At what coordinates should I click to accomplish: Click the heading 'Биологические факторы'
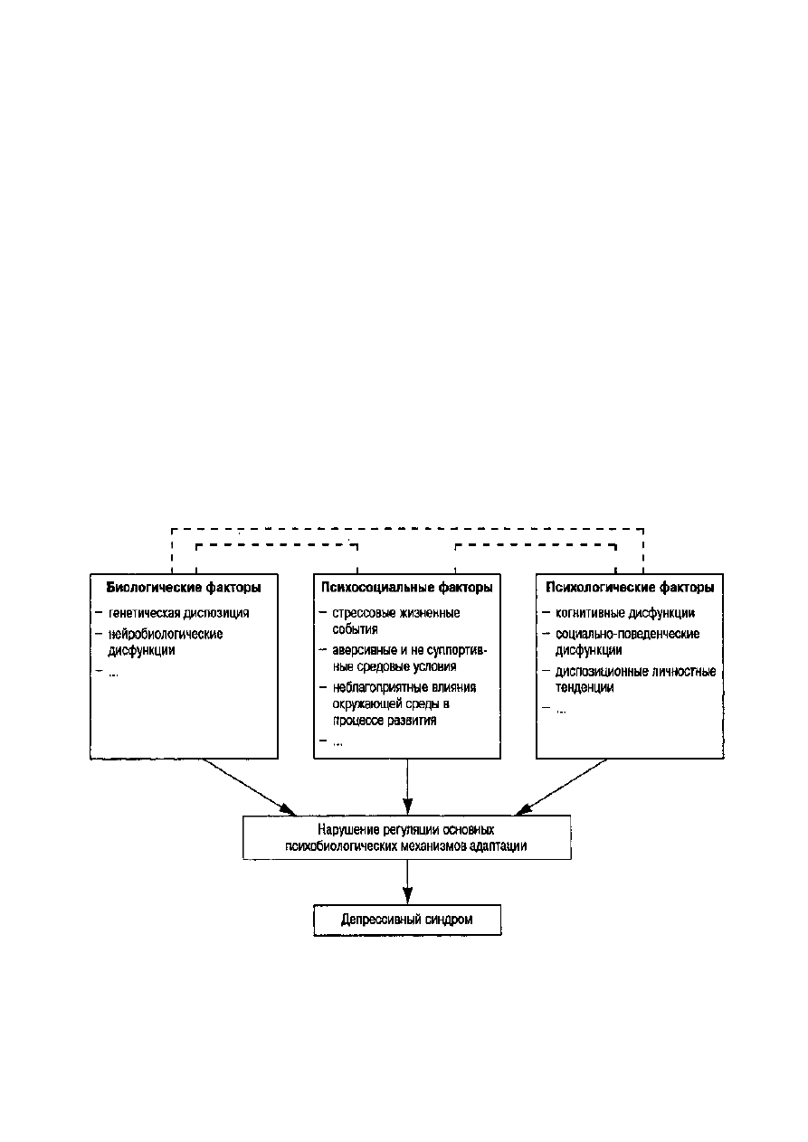[184, 588]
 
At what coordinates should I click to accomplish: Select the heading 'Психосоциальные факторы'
[407, 588]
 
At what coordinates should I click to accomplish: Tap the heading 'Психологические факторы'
[630, 588]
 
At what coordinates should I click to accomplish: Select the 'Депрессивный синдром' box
[407, 919]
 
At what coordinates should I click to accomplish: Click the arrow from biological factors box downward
[249, 787]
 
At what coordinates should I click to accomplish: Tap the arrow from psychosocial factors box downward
[407, 787]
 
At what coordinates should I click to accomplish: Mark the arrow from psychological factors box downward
[561, 787]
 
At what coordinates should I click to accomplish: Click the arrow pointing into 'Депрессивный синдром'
[407, 882]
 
